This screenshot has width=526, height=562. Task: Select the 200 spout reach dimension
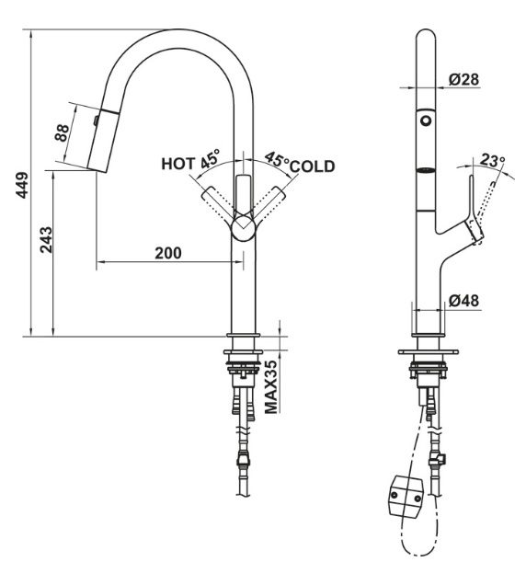166,253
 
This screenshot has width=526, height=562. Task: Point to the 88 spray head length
63,134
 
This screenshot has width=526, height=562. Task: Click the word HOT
178,164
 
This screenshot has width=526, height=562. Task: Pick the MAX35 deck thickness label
271,387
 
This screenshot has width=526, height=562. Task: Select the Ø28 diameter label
464,80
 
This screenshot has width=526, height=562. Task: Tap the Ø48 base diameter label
464,300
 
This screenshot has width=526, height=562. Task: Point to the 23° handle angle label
494,161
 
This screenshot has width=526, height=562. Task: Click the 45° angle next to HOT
211,158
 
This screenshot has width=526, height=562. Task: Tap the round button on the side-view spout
426,120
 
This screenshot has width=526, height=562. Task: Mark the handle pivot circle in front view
242,228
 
